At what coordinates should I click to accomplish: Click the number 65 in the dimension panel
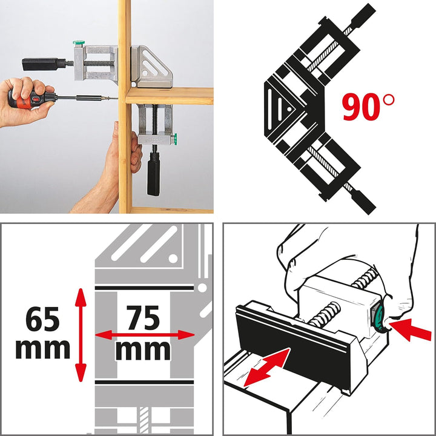click(x=42, y=319)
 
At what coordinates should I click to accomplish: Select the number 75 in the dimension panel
click(x=143, y=317)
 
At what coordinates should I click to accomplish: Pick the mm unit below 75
click(x=143, y=349)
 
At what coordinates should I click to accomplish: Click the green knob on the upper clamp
click(x=77, y=44)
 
